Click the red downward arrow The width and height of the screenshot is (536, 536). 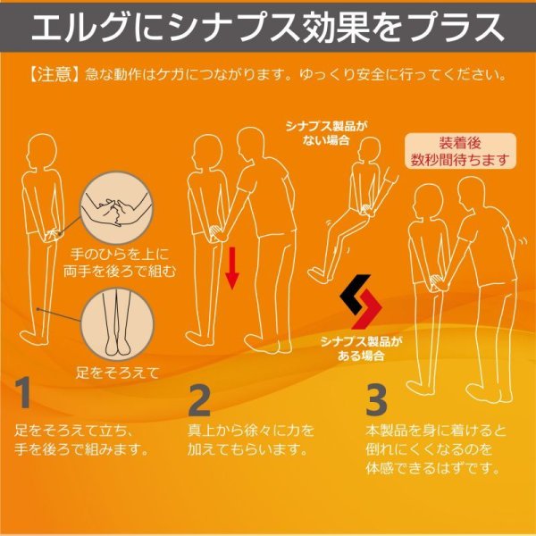pos(231,269)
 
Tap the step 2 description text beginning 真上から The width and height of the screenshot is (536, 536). pos(251,439)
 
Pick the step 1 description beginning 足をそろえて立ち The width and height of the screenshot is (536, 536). pos(80,439)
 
